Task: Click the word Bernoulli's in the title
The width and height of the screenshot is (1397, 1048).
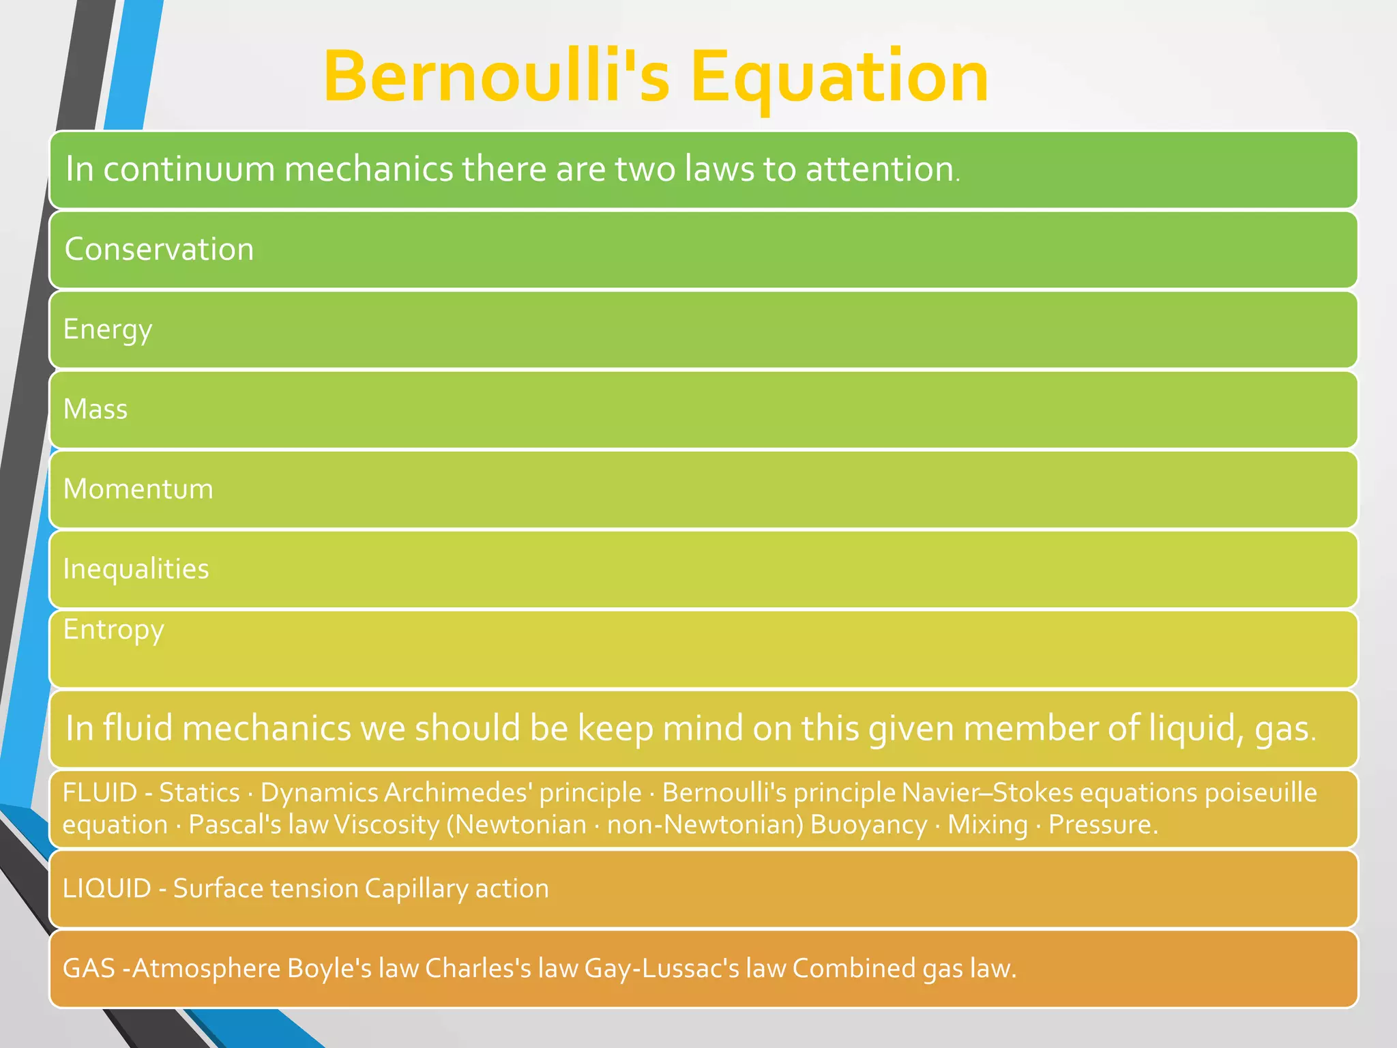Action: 497,76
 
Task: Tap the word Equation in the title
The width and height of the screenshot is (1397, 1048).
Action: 839,76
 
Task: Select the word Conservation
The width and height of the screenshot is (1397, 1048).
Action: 159,249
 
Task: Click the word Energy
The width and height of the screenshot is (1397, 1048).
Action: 107,330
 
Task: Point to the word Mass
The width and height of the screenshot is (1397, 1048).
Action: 95,409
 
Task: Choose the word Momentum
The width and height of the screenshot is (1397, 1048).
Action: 138,489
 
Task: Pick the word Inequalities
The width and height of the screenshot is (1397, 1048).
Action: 136,569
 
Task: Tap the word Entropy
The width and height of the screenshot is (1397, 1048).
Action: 113,630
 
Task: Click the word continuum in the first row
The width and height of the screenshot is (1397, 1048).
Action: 189,169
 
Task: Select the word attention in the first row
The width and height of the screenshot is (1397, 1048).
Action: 880,169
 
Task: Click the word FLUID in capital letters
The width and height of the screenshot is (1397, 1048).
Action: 100,793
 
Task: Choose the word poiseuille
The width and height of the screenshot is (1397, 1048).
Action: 1261,793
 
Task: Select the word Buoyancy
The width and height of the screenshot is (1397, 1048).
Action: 868,825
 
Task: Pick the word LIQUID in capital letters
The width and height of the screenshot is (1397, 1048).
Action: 106,888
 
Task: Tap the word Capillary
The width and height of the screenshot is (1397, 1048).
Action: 416,888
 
